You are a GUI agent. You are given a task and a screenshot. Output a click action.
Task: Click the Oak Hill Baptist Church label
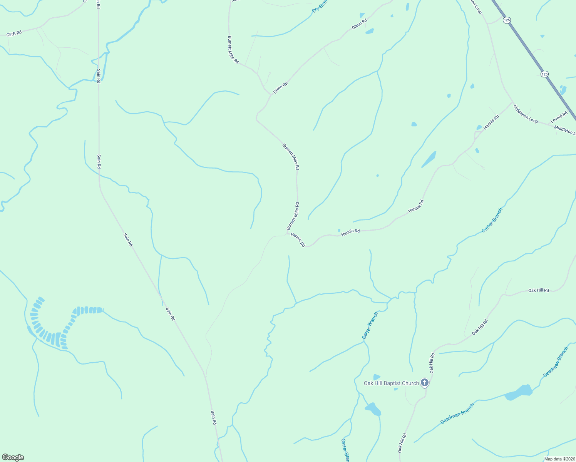(x=391, y=383)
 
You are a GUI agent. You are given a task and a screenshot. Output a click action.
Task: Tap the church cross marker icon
(x=424, y=382)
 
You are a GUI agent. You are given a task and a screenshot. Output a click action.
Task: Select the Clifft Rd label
(x=14, y=34)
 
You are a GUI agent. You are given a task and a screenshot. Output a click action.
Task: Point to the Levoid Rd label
(x=559, y=117)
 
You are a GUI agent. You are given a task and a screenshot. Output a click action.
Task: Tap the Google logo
(x=13, y=457)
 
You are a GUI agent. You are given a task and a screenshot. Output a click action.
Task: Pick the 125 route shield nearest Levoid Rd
(x=544, y=74)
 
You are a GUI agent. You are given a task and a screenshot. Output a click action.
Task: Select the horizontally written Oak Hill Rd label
(x=538, y=290)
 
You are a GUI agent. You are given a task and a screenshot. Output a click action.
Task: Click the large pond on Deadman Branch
(x=519, y=392)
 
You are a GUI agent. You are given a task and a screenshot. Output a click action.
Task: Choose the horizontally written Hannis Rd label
(x=350, y=231)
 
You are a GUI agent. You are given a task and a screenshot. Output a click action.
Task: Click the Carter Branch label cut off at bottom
(x=345, y=450)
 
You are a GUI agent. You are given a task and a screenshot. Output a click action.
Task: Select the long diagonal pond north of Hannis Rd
(x=429, y=159)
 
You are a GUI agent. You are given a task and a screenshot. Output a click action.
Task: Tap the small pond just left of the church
(x=377, y=377)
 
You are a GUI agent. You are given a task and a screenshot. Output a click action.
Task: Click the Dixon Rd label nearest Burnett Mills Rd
(x=280, y=88)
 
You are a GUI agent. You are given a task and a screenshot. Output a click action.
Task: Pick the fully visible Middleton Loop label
(x=525, y=114)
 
